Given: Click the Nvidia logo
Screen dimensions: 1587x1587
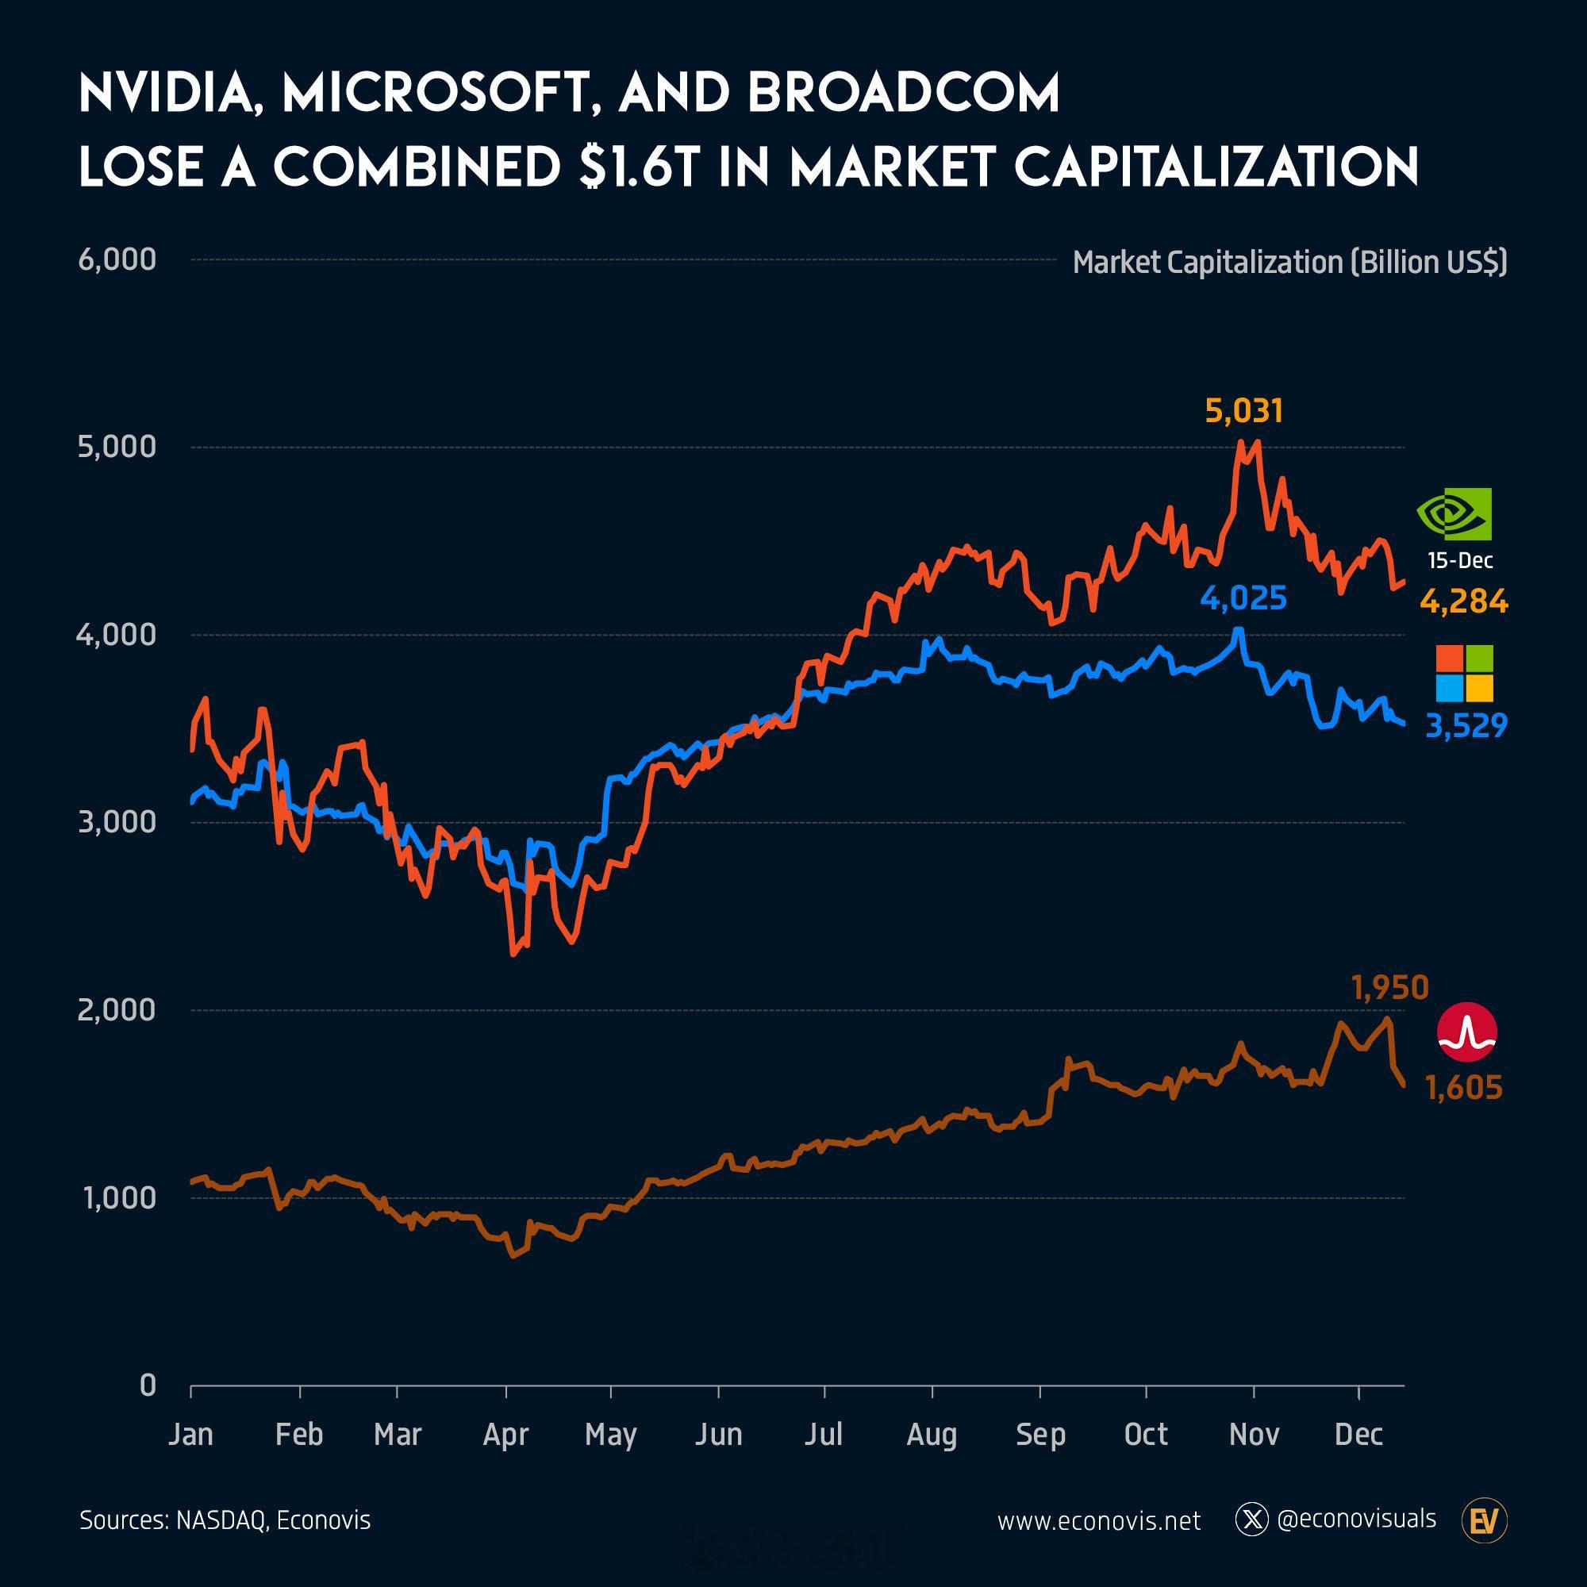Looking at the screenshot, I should (x=1454, y=514).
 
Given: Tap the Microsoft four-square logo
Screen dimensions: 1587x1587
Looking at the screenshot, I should (x=1464, y=674).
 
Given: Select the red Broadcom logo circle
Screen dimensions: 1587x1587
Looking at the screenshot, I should (x=1467, y=1032).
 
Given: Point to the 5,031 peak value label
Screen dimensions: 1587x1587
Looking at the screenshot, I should (x=1243, y=411).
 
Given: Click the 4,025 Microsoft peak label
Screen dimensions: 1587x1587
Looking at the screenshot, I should (x=1243, y=599).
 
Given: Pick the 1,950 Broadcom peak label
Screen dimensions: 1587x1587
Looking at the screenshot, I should (x=1390, y=988).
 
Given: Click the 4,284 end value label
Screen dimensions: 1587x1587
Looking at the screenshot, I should (x=1464, y=602).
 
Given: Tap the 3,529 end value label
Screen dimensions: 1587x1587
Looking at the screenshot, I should (x=1466, y=726).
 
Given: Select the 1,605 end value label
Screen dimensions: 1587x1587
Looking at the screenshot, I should (x=1464, y=1089).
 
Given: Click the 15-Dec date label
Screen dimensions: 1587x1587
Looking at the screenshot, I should (x=1461, y=560).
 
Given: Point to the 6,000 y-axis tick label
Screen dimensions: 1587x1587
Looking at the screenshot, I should (x=117, y=259).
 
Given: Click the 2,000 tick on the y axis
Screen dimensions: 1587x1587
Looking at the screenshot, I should (x=117, y=1009).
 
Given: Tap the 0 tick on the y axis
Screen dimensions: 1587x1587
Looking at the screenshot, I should (x=148, y=1385).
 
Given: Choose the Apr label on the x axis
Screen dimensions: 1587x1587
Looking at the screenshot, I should (x=505, y=1434).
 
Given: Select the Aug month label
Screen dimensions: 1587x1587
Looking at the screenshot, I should (x=932, y=1434).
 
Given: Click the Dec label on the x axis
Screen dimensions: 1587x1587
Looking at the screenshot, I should (x=1358, y=1434).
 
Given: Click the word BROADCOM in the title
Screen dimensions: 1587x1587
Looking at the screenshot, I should (x=903, y=94).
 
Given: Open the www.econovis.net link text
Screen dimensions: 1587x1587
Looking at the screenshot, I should (x=1098, y=1521).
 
